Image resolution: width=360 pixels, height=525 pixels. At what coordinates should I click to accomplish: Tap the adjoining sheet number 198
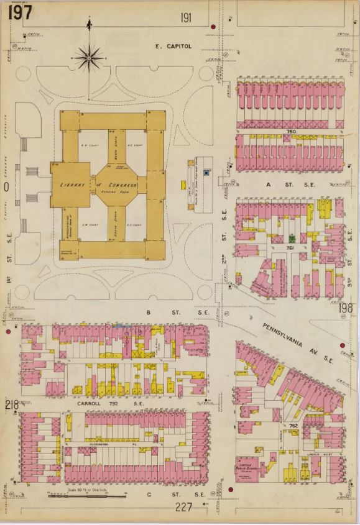click(346, 306)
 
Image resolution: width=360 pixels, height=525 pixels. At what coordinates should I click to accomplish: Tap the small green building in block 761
click(291, 239)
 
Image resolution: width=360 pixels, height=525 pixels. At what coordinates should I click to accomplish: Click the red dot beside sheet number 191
click(213, 27)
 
